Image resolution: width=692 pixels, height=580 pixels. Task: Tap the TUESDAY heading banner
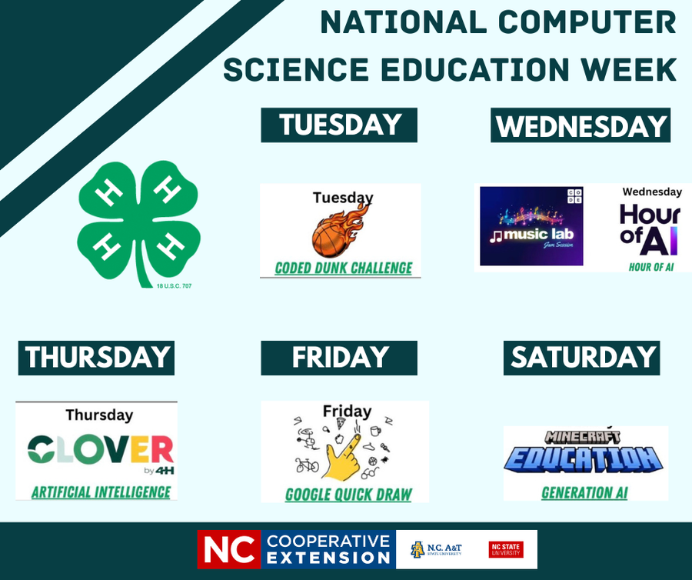pyautogui.click(x=339, y=125)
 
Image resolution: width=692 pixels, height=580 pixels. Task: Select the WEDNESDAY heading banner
pyautogui.click(x=581, y=125)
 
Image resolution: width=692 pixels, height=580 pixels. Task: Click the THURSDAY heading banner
pyautogui.click(x=97, y=358)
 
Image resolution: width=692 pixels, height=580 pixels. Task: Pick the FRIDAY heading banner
pyautogui.click(x=339, y=358)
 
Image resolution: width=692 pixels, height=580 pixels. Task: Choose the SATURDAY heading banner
pyautogui.click(x=582, y=358)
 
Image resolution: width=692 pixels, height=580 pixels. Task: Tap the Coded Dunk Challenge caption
pyautogui.click(x=344, y=268)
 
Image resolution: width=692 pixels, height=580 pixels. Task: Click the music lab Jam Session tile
pyautogui.click(x=531, y=226)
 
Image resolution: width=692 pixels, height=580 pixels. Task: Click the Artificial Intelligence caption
pyautogui.click(x=101, y=491)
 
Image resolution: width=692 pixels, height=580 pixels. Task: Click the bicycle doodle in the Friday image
pyautogui.click(x=307, y=465)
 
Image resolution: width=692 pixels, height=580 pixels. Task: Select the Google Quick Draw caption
pyautogui.click(x=348, y=494)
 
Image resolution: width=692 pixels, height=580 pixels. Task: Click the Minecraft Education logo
pyautogui.click(x=584, y=453)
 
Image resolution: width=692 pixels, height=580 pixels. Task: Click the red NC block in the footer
pyautogui.click(x=229, y=549)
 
